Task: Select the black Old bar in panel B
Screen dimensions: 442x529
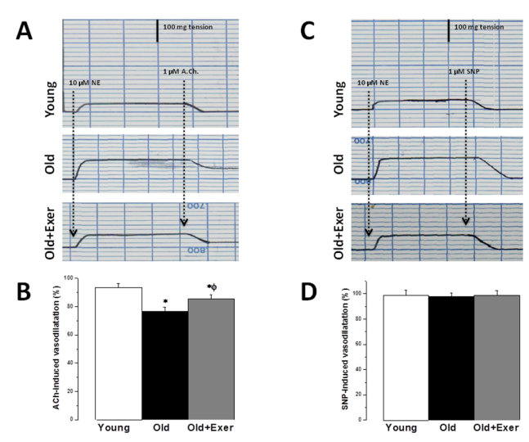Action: [165, 364]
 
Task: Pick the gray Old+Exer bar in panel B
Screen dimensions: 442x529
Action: [212, 359]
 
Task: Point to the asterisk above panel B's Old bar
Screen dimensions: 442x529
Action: [165, 302]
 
